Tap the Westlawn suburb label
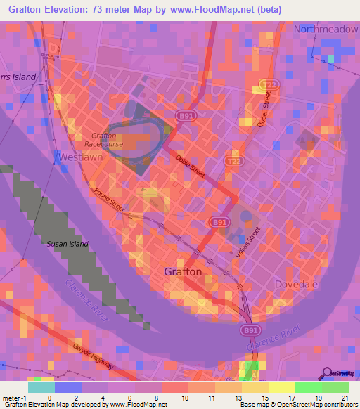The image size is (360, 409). tap(82, 157)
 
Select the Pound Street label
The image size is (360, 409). tap(108, 200)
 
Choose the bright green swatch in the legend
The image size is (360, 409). tap(308, 387)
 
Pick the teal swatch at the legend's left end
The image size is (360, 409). tap(41, 387)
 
